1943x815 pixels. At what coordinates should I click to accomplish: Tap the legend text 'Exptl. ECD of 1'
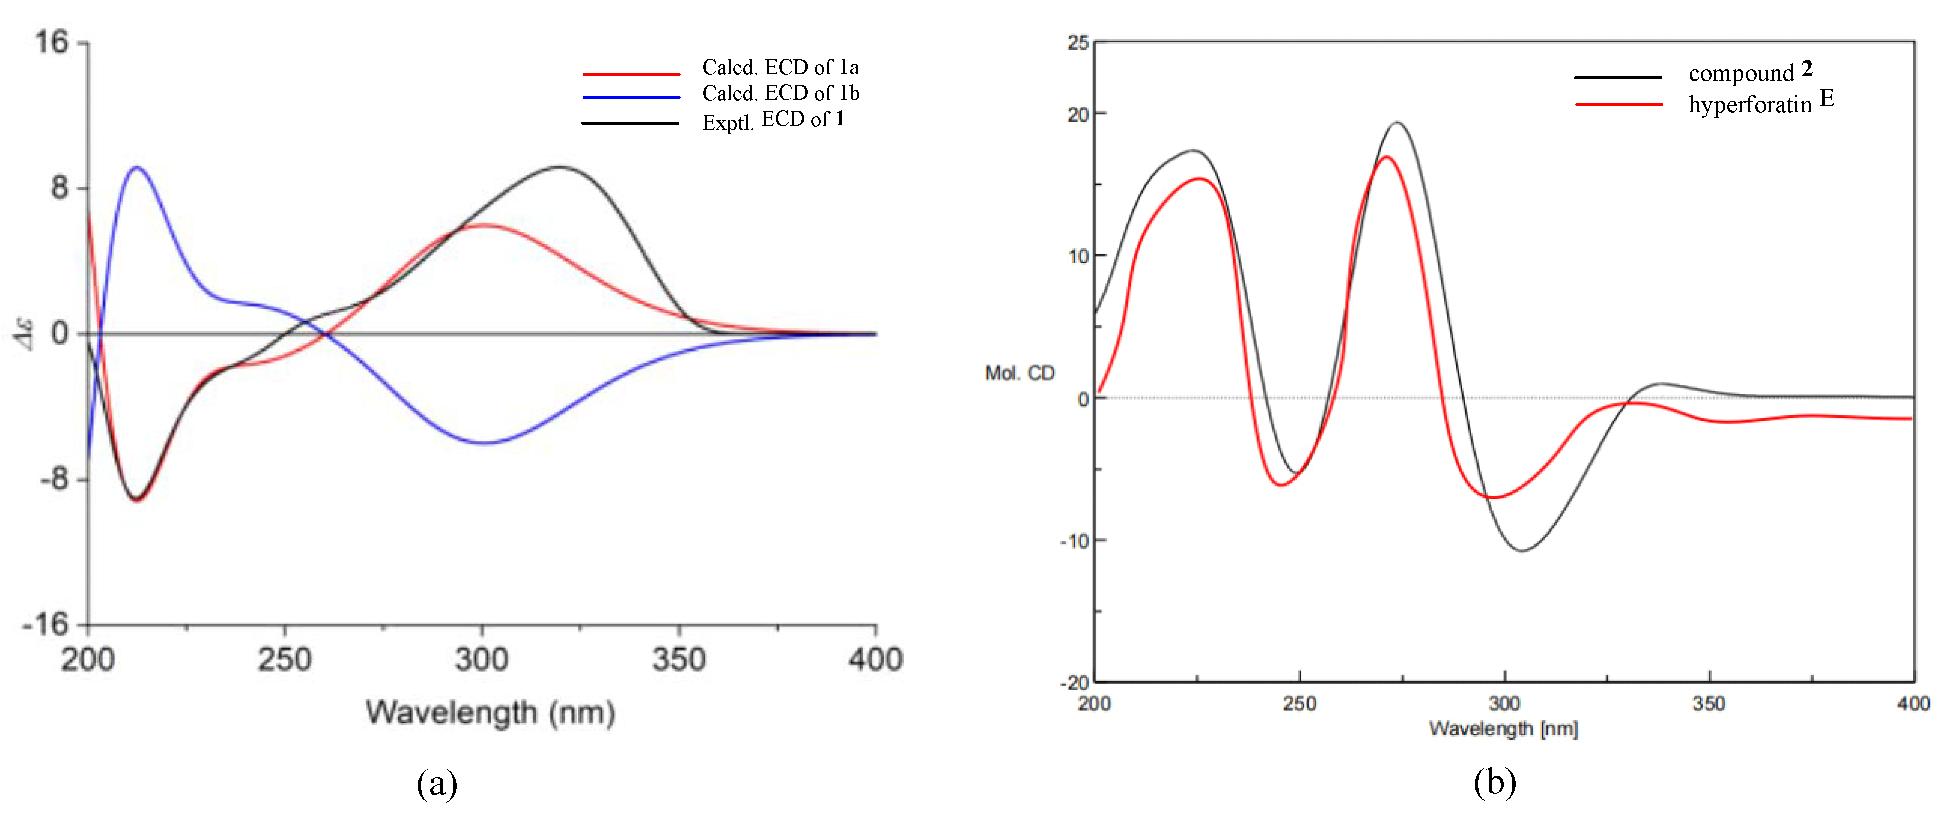[x=773, y=120]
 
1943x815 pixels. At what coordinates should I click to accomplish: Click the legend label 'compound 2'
[x=1749, y=72]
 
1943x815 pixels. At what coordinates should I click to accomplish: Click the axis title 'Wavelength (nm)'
[x=491, y=712]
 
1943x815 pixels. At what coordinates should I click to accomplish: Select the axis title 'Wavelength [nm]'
[x=1503, y=729]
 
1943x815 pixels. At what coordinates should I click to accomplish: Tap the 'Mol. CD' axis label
[x=1020, y=373]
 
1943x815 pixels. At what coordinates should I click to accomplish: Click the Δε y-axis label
[x=26, y=334]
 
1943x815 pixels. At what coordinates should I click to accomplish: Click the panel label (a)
[x=437, y=784]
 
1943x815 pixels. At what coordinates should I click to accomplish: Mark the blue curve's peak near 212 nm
[x=137, y=167]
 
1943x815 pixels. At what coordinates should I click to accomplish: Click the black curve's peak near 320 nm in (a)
[x=559, y=167]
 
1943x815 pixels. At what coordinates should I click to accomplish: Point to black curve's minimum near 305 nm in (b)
[x=1522, y=551]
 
